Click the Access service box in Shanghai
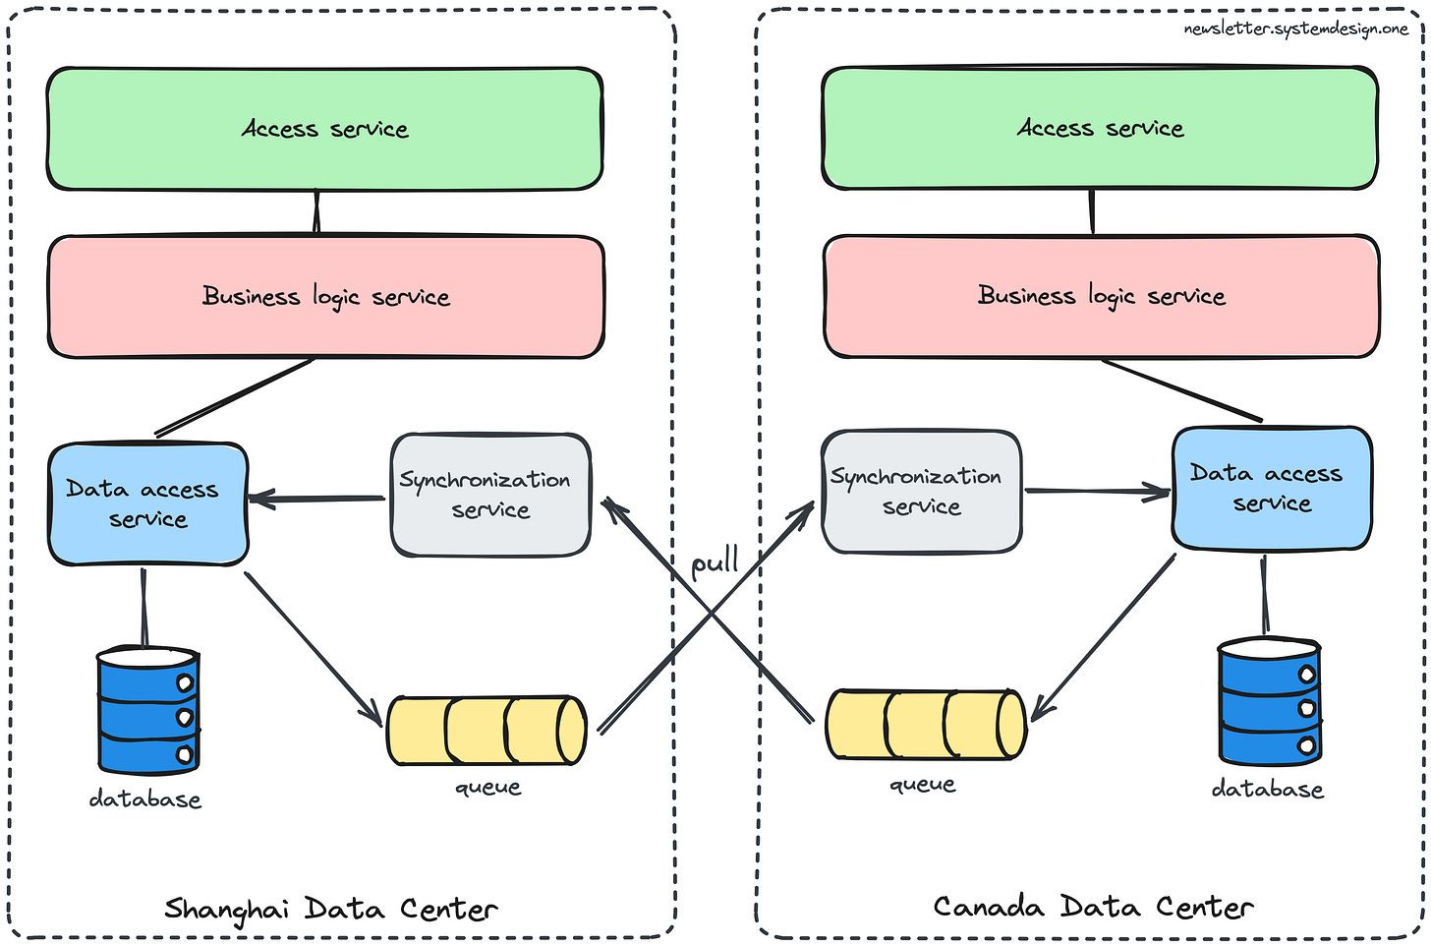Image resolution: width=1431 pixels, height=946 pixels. pyautogui.click(x=324, y=129)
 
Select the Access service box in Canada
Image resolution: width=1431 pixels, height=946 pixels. pyautogui.click(x=1100, y=128)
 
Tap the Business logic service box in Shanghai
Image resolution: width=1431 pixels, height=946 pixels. pyautogui.click(x=325, y=296)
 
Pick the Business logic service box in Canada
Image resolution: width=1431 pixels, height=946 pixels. pyautogui.click(x=1101, y=296)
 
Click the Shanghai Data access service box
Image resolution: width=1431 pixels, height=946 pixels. pyautogui.click(x=147, y=503)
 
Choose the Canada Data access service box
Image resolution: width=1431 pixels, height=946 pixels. pyautogui.click(x=1271, y=488)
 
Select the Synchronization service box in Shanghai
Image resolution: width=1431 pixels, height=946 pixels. pyautogui.click(x=489, y=495)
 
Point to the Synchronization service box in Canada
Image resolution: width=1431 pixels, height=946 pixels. pyautogui.click(x=921, y=491)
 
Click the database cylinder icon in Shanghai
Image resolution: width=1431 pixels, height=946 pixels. pyautogui.click(x=148, y=709)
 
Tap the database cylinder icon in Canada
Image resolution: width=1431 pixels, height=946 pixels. pyautogui.click(x=1268, y=700)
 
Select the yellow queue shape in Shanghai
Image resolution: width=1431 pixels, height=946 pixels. pyautogui.click(x=487, y=730)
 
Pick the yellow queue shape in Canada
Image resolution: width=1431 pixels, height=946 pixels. pyautogui.click(x=925, y=724)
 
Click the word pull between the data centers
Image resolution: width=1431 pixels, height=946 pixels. pyautogui.click(x=715, y=562)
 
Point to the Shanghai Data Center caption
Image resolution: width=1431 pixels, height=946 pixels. pyautogui.click(x=330, y=909)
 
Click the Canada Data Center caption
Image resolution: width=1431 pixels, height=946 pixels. pyautogui.click(x=1093, y=906)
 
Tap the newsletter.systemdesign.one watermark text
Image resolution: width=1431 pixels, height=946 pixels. pyautogui.click(x=1295, y=29)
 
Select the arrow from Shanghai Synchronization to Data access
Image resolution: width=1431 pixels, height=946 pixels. pyautogui.click(x=316, y=499)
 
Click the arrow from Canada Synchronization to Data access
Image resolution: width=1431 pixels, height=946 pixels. pyautogui.click(x=1097, y=492)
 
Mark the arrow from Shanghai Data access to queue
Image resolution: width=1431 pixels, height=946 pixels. pyautogui.click(x=313, y=648)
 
